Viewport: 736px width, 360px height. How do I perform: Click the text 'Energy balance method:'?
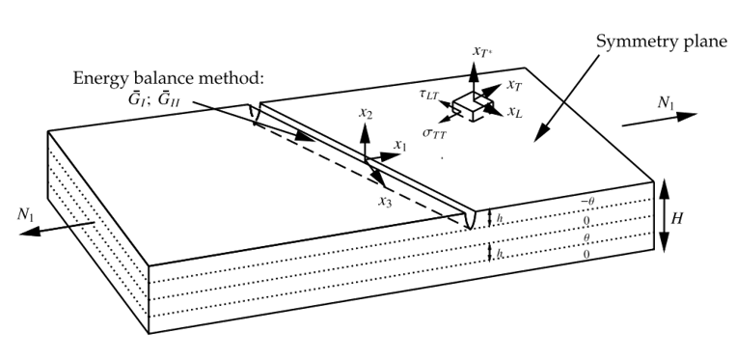click(x=167, y=78)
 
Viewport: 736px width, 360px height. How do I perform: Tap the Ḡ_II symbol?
click(x=171, y=100)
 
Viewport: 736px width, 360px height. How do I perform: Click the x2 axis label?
click(x=367, y=113)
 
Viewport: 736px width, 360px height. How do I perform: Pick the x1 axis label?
click(x=400, y=146)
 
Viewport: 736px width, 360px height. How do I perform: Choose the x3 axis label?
click(x=386, y=202)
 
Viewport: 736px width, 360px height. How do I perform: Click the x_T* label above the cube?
click(x=482, y=51)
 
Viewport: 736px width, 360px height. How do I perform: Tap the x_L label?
click(x=515, y=112)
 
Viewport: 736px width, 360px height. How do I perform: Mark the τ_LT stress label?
click(x=428, y=95)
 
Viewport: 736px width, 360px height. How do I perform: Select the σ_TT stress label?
click(x=434, y=133)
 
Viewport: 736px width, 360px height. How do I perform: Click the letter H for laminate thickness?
click(x=676, y=219)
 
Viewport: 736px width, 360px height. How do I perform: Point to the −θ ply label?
click(x=587, y=202)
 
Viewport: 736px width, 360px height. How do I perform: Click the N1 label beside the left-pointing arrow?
click(x=26, y=214)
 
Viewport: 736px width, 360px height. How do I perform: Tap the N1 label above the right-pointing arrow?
click(x=666, y=103)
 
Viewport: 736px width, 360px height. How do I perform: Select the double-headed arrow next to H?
click(x=665, y=216)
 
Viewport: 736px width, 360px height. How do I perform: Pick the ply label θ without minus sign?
click(x=586, y=238)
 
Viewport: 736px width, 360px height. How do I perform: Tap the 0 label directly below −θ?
click(x=586, y=221)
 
